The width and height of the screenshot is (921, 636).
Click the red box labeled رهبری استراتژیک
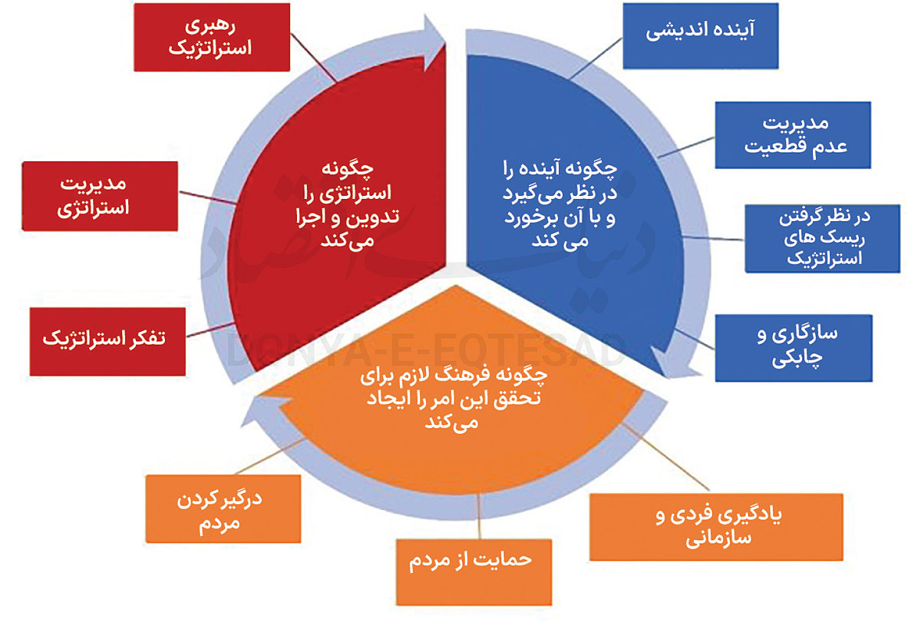point(210,37)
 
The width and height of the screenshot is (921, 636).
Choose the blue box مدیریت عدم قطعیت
point(793,134)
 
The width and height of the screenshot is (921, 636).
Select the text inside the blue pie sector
point(568,202)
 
